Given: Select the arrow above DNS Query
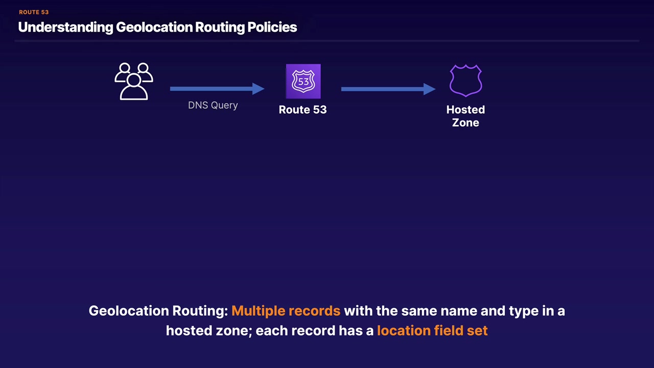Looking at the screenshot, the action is click(217, 89).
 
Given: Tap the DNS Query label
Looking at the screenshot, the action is click(213, 105).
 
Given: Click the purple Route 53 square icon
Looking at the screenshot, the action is click(303, 81).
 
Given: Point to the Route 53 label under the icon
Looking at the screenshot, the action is click(302, 110).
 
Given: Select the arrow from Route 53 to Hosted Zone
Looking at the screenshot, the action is click(388, 89).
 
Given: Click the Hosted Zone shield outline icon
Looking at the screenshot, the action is click(465, 81).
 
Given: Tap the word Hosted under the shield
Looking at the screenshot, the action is click(465, 110).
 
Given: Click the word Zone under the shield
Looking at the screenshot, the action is click(465, 123).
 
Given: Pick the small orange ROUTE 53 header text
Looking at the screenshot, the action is click(34, 12).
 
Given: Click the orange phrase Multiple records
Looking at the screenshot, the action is click(286, 311).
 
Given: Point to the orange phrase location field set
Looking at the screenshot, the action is click(432, 331).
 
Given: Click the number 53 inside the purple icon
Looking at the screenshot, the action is click(303, 81).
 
